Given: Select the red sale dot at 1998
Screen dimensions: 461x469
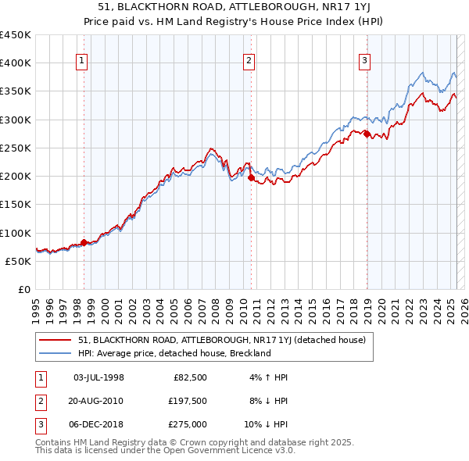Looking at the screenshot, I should point(84,242).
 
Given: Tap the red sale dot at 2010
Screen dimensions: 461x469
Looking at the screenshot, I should point(251,177).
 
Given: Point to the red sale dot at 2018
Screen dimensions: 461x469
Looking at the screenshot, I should point(366,134).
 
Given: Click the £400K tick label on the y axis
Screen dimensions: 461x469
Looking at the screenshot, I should point(16,63).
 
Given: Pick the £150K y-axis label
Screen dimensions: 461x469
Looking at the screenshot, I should point(16,205).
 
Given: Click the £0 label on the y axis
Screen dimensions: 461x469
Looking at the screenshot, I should point(23,290).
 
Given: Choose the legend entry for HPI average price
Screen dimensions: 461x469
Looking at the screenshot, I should point(174,353).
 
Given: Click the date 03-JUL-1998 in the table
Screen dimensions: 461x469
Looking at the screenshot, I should point(98,377).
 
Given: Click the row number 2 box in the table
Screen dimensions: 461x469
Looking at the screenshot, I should point(39,401).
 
